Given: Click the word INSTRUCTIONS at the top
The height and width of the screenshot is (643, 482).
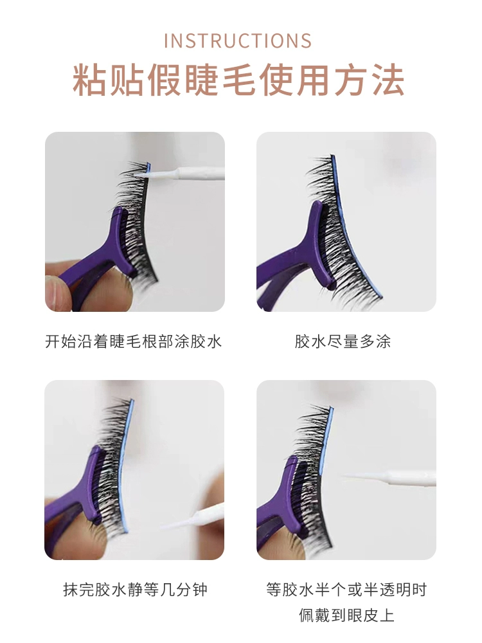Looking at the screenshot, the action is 238,41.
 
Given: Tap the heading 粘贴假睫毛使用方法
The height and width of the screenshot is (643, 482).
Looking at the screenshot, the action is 238,80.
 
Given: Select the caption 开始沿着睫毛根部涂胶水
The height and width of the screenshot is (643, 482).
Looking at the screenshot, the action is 134,341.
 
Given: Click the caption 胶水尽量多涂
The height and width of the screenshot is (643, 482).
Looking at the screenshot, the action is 343,341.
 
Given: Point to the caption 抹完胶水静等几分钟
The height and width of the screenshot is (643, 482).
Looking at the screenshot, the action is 135,589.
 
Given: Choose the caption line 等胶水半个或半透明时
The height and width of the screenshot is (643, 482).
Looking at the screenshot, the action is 346,589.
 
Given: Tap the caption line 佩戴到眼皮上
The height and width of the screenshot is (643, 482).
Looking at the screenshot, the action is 346,615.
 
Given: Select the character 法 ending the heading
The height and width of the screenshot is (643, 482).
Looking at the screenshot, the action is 388,80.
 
